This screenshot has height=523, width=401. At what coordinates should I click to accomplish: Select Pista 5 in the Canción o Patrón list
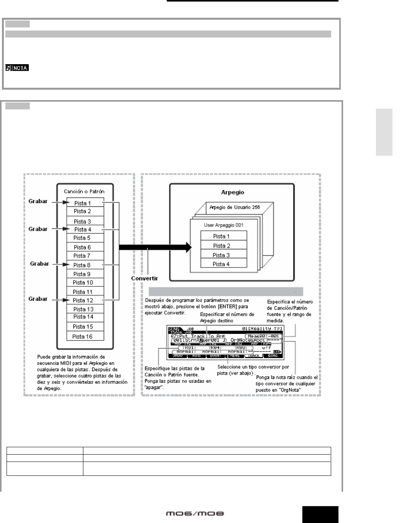[x=82, y=238]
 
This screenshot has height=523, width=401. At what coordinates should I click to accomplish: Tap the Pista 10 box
[x=83, y=283]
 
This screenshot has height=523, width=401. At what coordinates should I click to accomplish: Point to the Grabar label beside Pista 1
[x=38, y=201]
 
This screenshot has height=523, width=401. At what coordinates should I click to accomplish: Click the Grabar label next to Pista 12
[x=38, y=299]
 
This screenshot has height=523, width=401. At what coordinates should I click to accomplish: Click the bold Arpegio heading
[x=232, y=192]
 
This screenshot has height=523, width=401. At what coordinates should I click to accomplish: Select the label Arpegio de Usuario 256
[x=235, y=207]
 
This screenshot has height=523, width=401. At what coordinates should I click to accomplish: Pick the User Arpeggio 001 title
[x=223, y=225]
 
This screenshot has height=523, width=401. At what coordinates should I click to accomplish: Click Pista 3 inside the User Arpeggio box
[x=221, y=255]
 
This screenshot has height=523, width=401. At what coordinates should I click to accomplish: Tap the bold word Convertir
[x=144, y=278]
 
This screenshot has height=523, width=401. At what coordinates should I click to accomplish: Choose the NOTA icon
[x=17, y=68]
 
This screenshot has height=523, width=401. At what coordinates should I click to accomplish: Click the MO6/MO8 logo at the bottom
[x=195, y=514]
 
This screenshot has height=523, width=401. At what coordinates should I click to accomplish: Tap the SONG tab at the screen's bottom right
[x=272, y=356]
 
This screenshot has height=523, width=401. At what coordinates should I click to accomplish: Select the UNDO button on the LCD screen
[x=178, y=356]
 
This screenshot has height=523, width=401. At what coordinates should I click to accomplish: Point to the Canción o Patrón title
[x=84, y=191]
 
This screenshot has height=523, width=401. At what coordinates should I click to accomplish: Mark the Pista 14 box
[x=83, y=317]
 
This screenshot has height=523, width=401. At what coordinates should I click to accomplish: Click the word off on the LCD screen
[x=266, y=348]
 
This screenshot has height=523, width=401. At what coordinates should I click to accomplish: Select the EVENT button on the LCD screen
[x=216, y=356]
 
